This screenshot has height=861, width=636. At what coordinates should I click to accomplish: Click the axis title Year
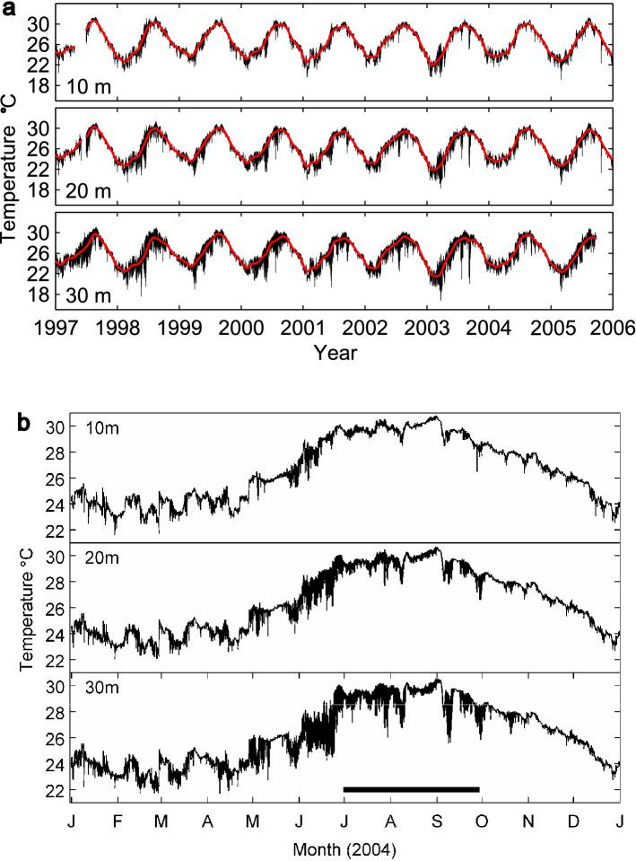(x=335, y=353)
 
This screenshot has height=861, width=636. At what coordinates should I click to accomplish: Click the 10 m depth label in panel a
(x=89, y=86)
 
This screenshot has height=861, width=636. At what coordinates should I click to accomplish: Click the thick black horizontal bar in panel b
(x=411, y=789)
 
